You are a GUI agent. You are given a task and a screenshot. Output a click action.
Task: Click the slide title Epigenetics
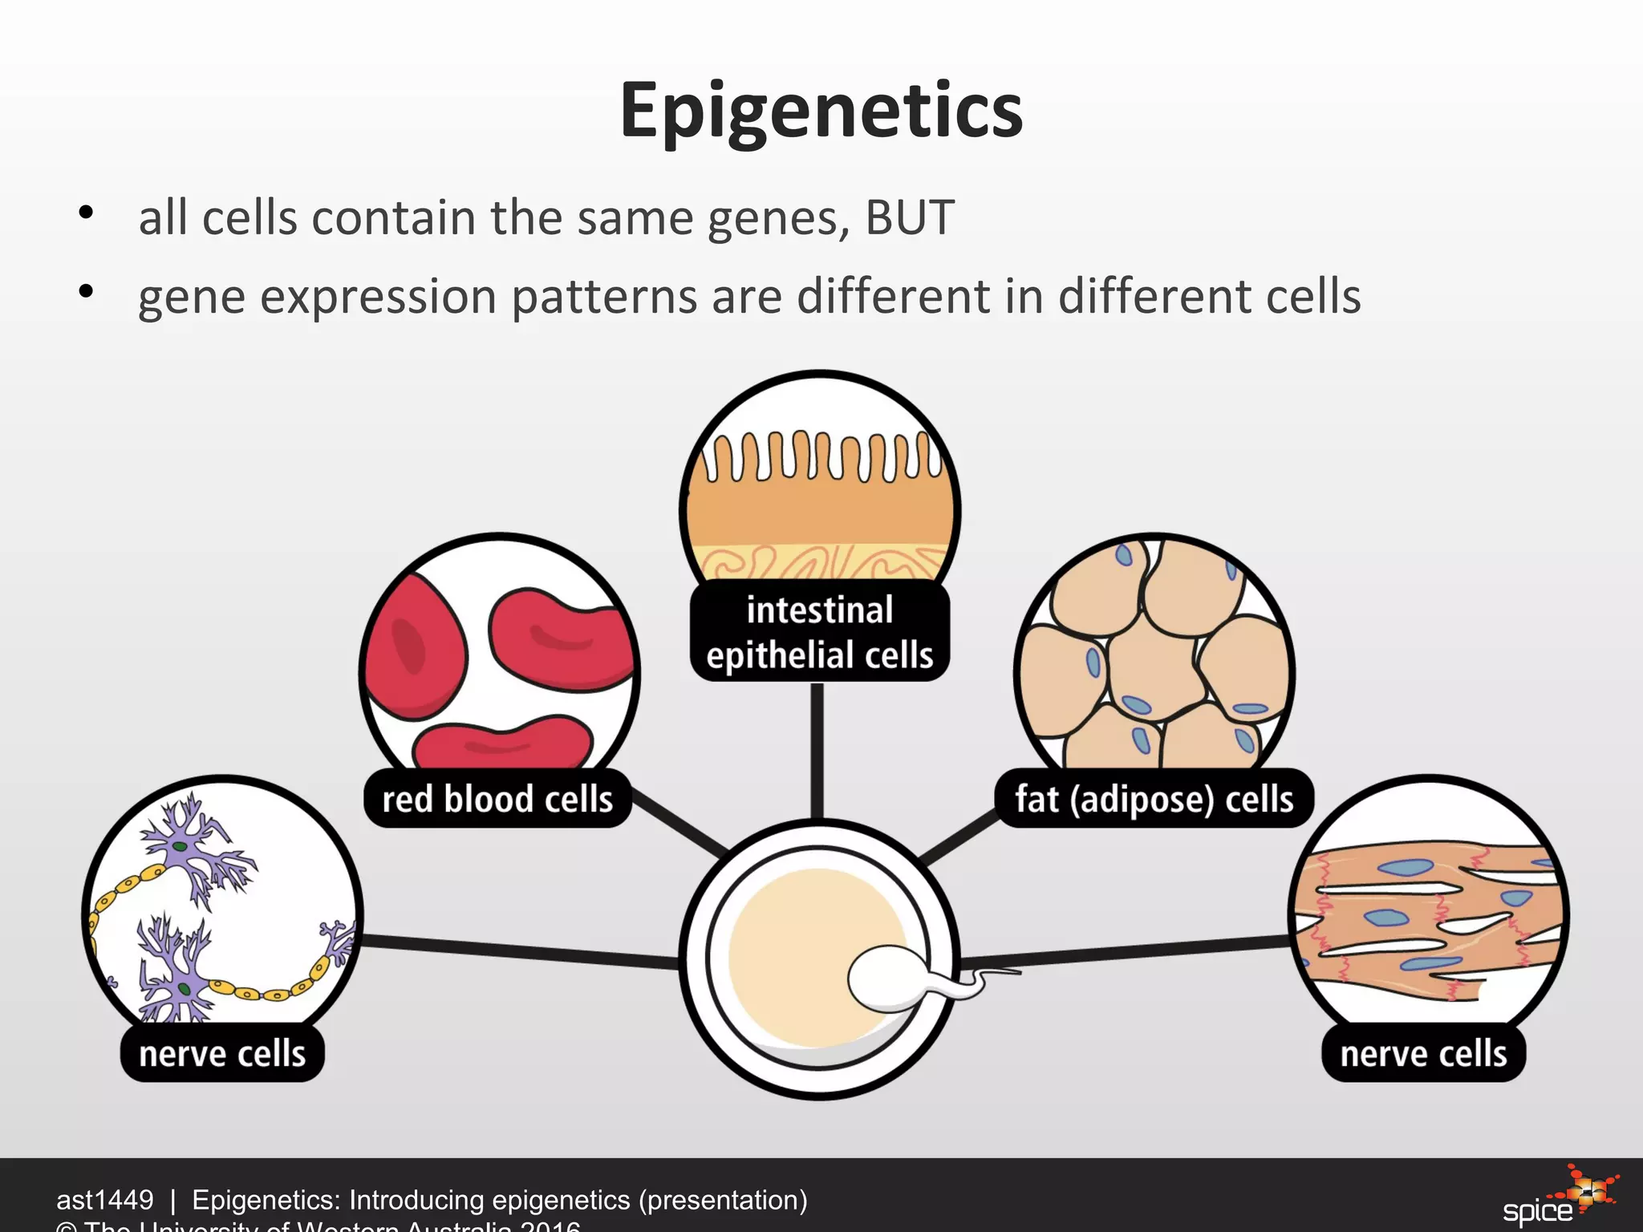coord(821,111)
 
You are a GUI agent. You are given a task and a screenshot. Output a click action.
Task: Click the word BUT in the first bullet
coord(909,217)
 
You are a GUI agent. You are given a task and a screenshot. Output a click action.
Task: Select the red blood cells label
coord(497,799)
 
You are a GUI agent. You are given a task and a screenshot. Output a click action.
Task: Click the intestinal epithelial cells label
coord(819,632)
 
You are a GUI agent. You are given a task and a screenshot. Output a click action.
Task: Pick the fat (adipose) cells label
coord(1154,799)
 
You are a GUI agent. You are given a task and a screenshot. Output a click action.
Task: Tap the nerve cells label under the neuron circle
coord(222,1053)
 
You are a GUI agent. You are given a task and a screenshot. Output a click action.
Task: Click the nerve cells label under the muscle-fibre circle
coord(1423,1053)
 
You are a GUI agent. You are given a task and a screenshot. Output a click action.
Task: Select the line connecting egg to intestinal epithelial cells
coord(817,750)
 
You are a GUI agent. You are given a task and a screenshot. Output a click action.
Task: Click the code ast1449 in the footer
coord(104,1200)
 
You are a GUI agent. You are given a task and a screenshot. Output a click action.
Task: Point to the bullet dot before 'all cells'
coord(87,213)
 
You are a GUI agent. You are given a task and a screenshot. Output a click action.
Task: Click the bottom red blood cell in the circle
coord(503,744)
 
